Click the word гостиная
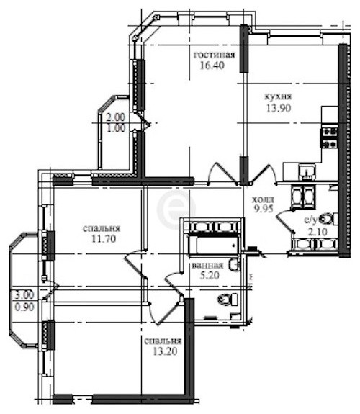[215, 55]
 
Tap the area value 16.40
[212, 66]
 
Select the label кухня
[278, 96]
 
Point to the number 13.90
[279, 108]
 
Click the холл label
[263, 199]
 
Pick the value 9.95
[264, 209]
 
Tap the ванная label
[207, 266]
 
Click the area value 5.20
[210, 275]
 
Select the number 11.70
[104, 239]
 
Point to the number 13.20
[165, 351]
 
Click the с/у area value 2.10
[318, 232]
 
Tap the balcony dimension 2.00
[115, 117]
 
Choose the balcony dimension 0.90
[24, 307]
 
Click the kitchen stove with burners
[329, 138]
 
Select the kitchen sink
[307, 171]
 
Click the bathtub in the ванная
[214, 246]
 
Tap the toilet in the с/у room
[328, 219]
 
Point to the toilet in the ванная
[228, 300]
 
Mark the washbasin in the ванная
[235, 265]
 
